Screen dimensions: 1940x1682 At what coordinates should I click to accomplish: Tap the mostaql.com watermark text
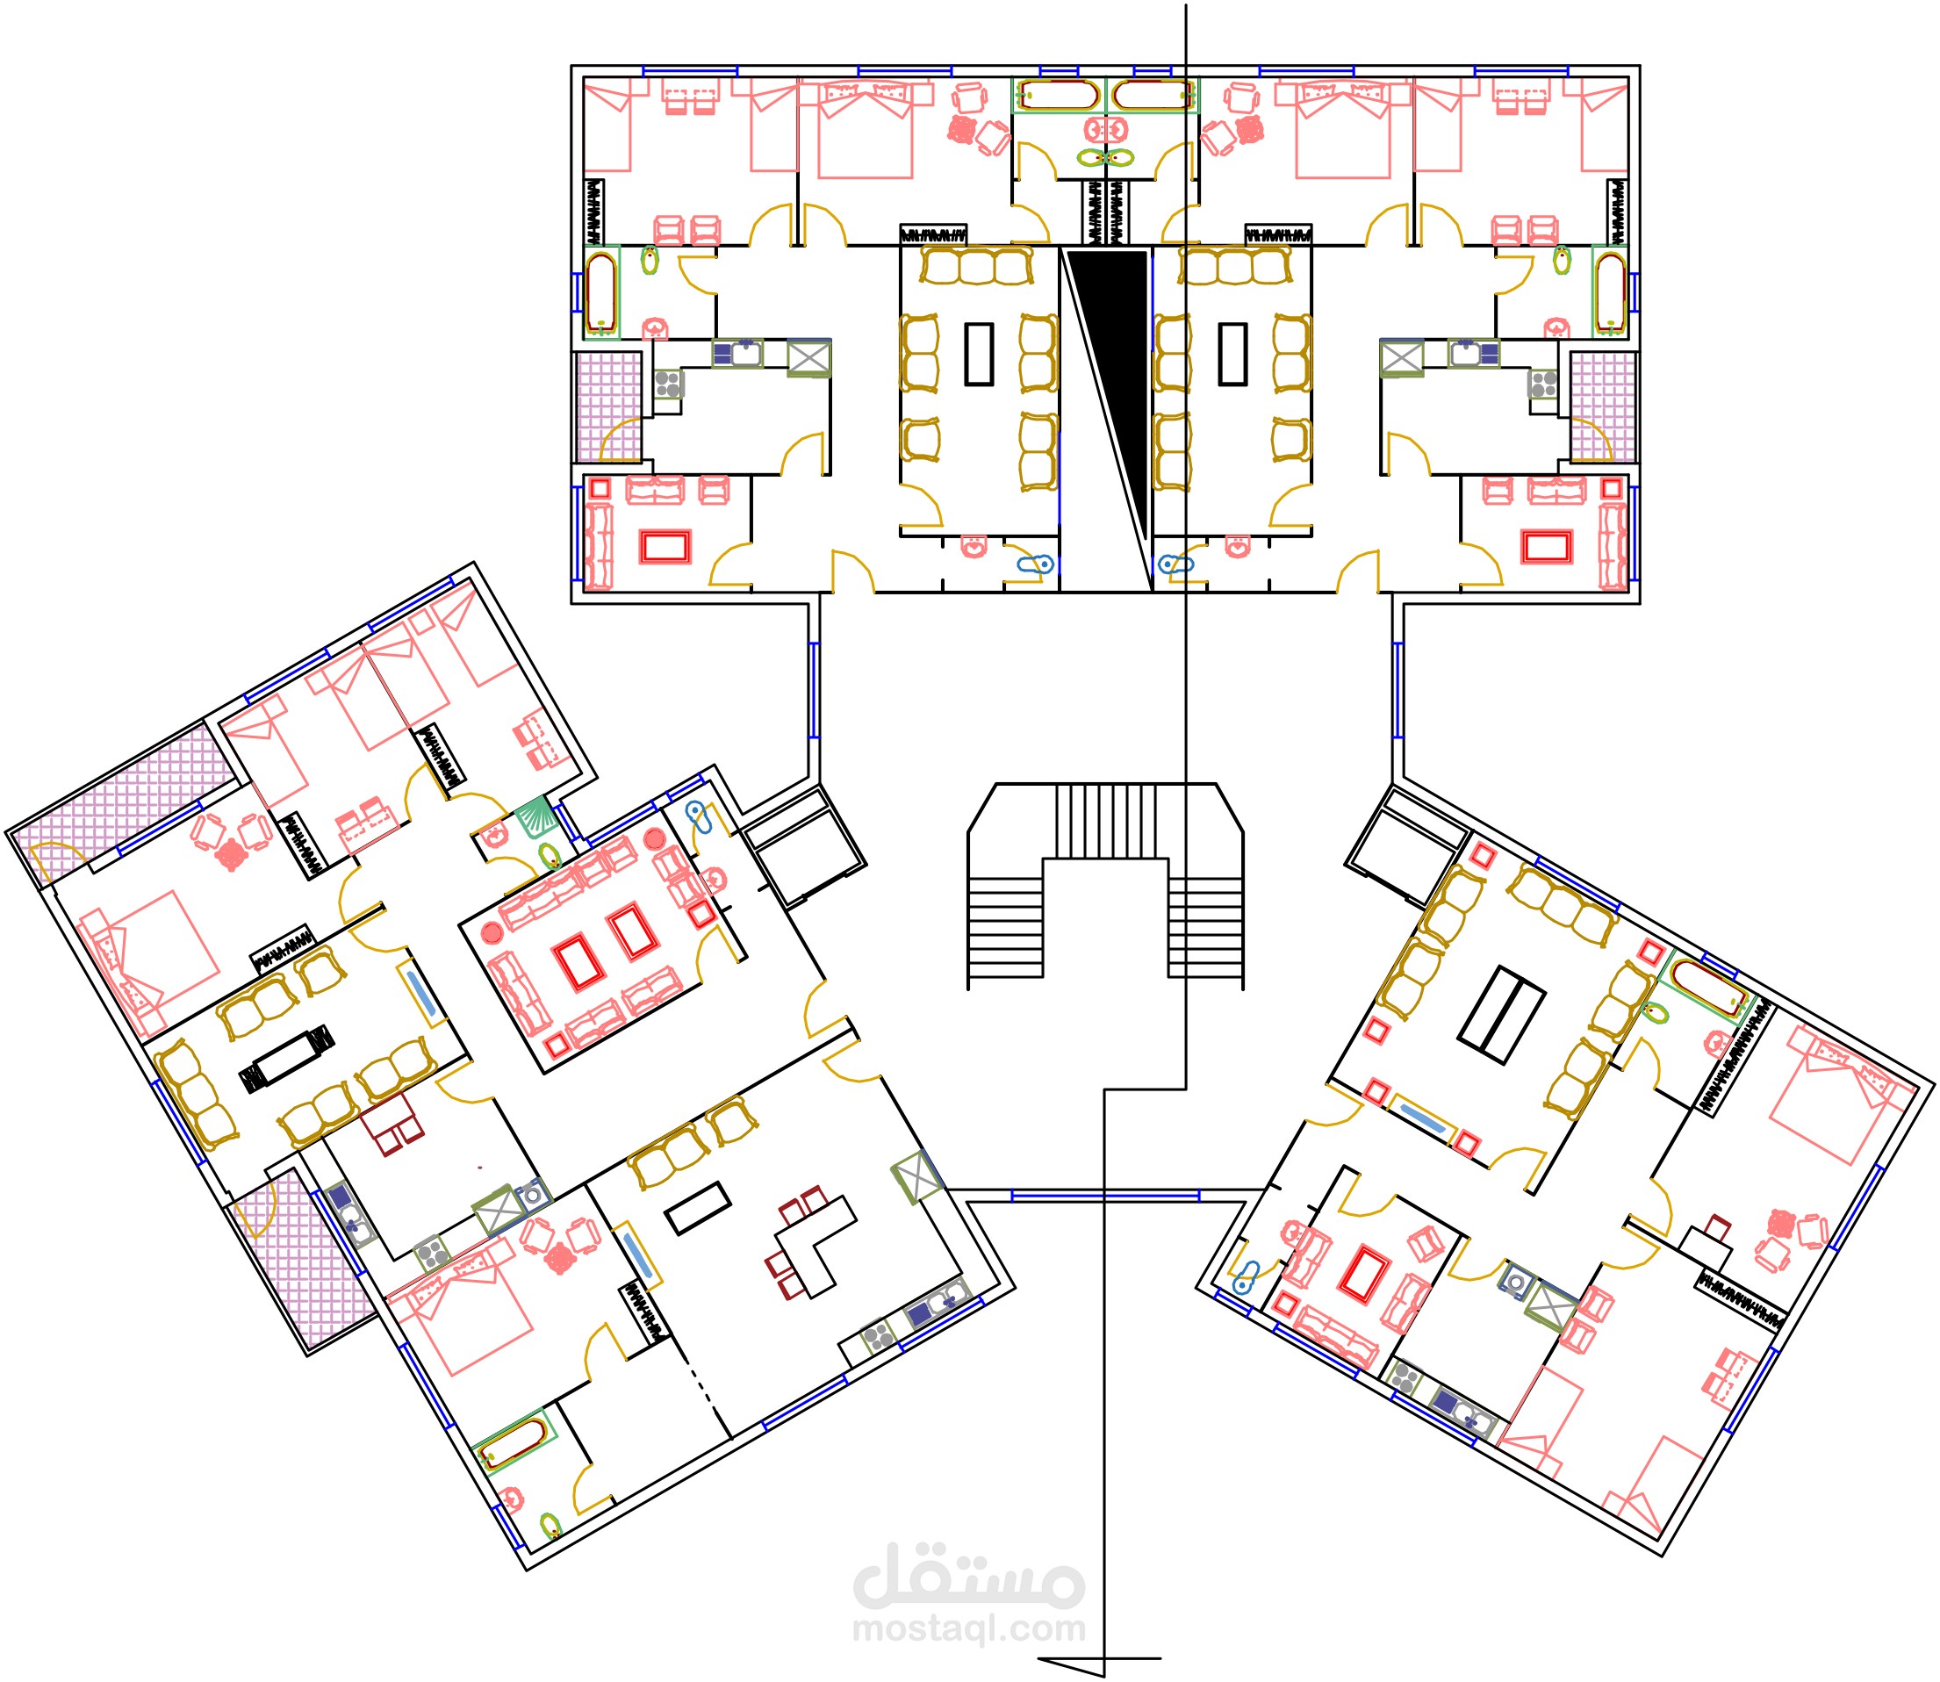click(968, 1628)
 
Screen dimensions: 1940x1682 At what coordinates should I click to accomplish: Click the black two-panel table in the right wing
click(1502, 1015)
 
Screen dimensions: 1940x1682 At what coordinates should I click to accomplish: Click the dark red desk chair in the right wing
click(1719, 1226)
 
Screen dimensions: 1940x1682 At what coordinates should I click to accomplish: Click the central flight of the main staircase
click(1105, 822)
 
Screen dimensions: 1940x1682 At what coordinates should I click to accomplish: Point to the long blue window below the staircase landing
click(1104, 1196)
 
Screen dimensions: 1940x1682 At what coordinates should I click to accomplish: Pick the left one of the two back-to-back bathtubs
click(1059, 95)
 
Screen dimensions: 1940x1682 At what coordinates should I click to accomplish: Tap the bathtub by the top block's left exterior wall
click(600, 292)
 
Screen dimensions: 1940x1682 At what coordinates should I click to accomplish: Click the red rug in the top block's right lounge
click(1547, 547)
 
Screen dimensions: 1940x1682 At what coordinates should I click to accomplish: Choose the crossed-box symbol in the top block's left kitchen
click(809, 357)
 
